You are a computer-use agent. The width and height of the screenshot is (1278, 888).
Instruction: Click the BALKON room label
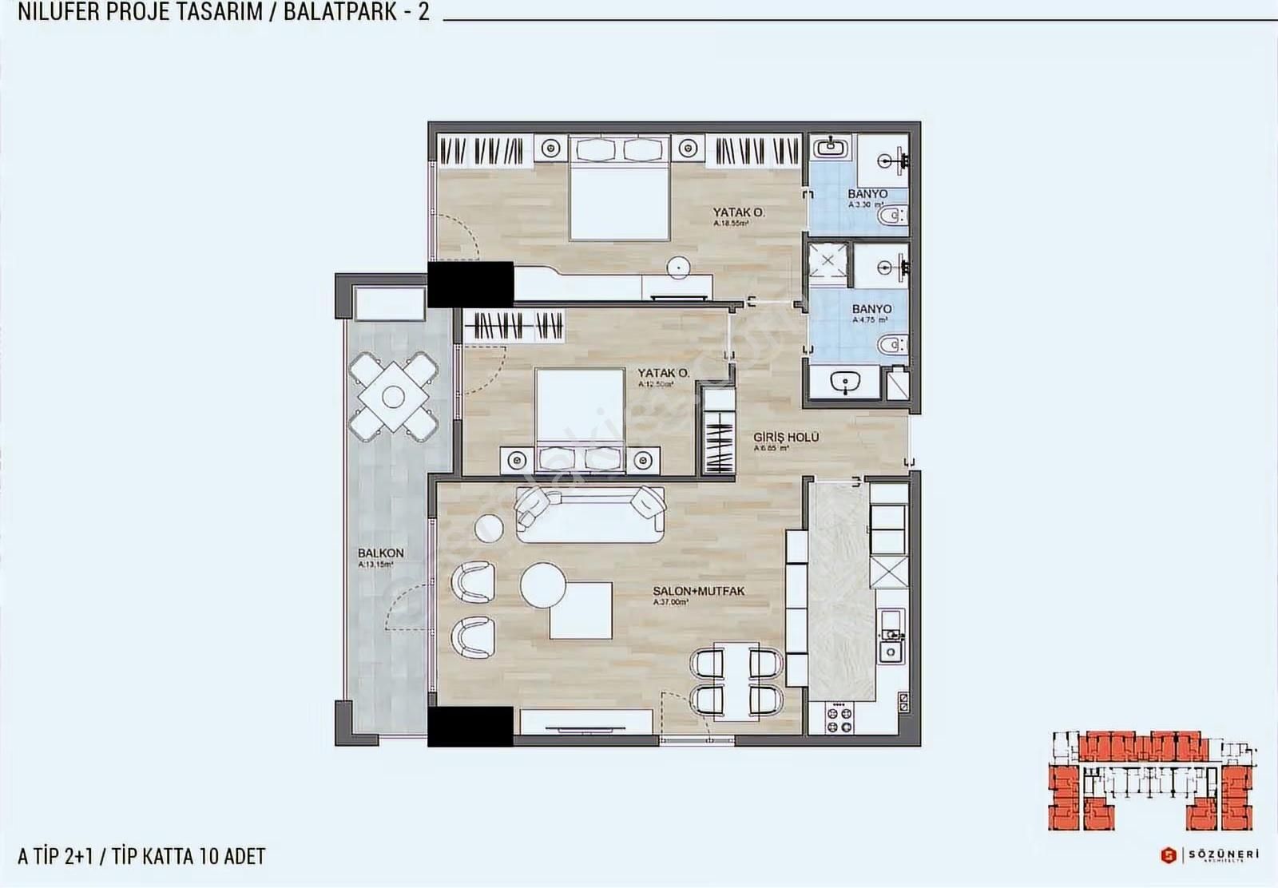click(380, 553)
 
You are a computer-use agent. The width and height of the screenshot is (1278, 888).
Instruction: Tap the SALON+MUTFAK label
click(698, 591)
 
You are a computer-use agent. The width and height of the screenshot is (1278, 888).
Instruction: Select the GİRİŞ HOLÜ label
click(787, 438)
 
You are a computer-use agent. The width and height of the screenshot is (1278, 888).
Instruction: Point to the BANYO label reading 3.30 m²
click(867, 194)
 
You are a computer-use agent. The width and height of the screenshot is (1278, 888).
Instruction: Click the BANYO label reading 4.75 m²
click(871, 309)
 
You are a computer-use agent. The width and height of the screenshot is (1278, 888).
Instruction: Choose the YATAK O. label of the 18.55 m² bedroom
click(739, 212)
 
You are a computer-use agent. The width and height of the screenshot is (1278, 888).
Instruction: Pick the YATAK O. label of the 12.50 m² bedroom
click(663, 373)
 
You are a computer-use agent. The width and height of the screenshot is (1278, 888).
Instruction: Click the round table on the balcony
click(393, 396)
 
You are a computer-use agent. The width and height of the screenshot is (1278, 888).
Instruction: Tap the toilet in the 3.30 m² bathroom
click(892, 216)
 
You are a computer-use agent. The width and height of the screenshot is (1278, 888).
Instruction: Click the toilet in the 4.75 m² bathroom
click(892, 345)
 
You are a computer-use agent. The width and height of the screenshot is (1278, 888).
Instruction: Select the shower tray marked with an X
click(828, 261)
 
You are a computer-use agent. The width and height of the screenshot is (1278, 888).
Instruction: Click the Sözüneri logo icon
click(1168, 854)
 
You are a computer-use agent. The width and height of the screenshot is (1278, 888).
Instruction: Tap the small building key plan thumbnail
click(1152, 779)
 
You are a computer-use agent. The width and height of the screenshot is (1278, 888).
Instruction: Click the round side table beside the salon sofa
click(489, 527)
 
